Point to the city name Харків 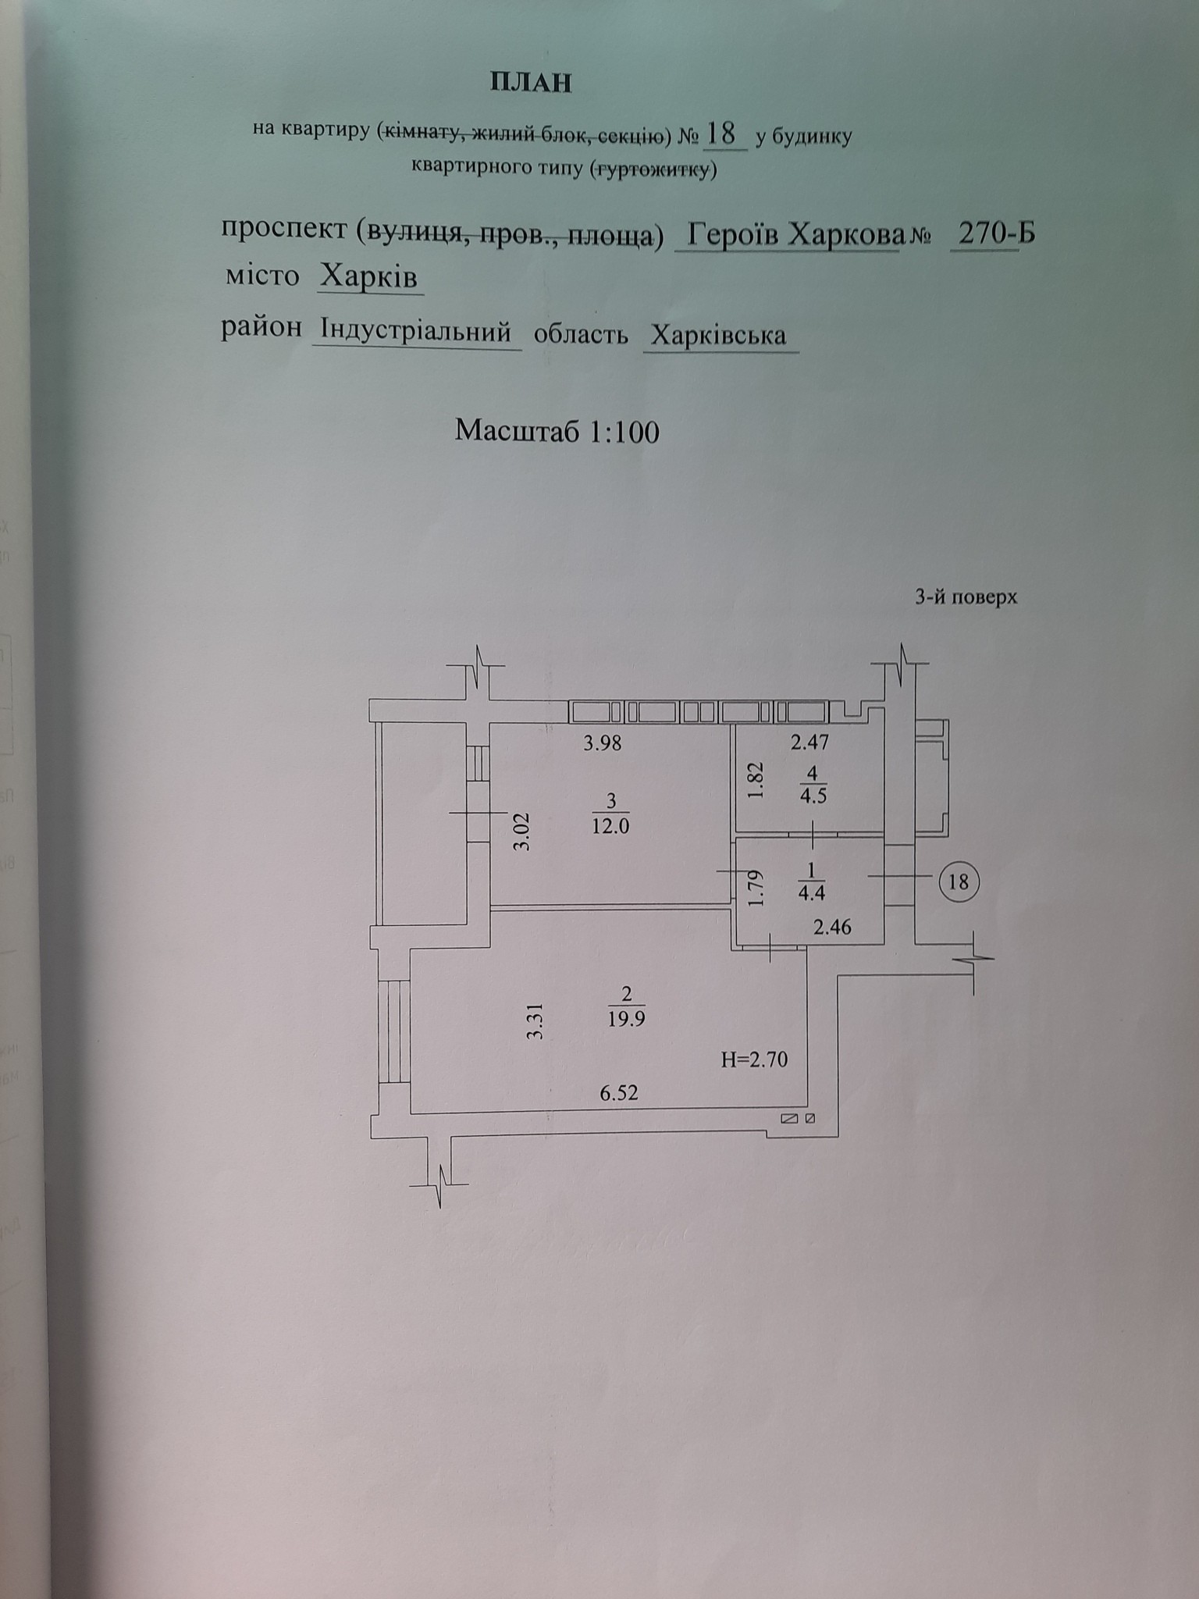370,276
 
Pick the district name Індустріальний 416,332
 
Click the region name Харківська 719,335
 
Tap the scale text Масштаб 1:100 557,431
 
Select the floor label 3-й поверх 966,598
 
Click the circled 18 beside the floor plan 958,881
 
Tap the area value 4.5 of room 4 813,797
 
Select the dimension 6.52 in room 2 619,1092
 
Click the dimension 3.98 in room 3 603,743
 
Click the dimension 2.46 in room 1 832,927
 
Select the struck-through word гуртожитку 653,168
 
